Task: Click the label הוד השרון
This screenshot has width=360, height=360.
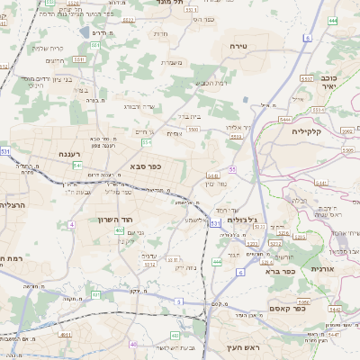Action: pyautogui.click(x=115, y=219)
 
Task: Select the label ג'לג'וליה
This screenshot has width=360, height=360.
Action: pyautogui.click(x=241, y=220)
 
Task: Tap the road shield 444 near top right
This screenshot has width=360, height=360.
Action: pyautogui.click(x=332, y=19)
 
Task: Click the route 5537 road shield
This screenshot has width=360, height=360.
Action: pyautogui.click(x=306, y=78)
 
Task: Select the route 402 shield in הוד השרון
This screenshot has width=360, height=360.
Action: pyautogui.click(x=120, y=230)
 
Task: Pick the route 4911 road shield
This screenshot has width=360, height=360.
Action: pyautogui.click(x=66, y=334)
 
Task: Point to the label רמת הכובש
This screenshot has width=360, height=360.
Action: pyautogui.click(x=210, y=82)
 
